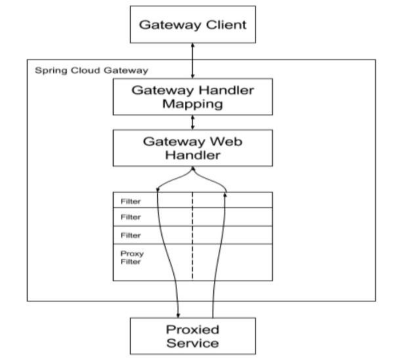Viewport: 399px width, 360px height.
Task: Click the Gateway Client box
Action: tap(193, 24)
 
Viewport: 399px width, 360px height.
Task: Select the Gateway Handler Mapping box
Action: tap(193, 96)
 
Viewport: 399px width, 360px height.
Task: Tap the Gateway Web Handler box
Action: tap(193, 148)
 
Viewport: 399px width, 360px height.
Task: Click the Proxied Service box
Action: tap(193, 336)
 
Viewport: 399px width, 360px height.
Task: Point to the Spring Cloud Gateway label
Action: tap(92, 71)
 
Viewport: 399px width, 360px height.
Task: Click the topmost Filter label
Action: tap(131, 201)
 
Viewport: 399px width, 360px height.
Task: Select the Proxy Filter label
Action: tap(132, 258)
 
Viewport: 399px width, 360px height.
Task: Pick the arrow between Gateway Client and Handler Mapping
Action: tap(193, 60)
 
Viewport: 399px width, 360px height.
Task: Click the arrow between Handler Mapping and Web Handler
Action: tap(193, 122)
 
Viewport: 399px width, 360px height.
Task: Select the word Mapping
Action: tap(193, 104)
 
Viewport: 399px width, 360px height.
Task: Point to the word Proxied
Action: tap(193, 330)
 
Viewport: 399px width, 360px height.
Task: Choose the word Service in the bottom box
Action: tap(193, 343)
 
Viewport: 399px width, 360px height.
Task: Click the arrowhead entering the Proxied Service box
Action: tap(178, 315)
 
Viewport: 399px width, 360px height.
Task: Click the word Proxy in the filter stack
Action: tap(132, 254)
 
